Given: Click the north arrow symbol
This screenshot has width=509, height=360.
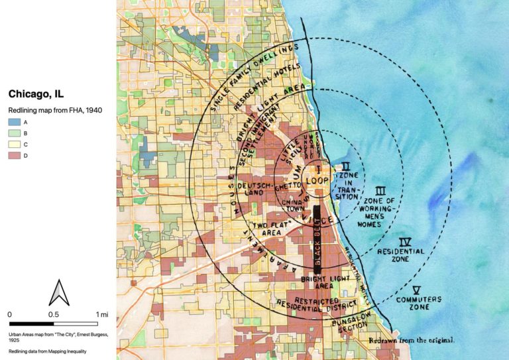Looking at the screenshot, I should click(x=58, y=292).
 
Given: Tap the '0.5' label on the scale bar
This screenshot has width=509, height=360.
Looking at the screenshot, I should click(x=54, y=314).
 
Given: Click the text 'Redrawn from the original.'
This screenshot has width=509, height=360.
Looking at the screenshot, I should click(x=412, y=339).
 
